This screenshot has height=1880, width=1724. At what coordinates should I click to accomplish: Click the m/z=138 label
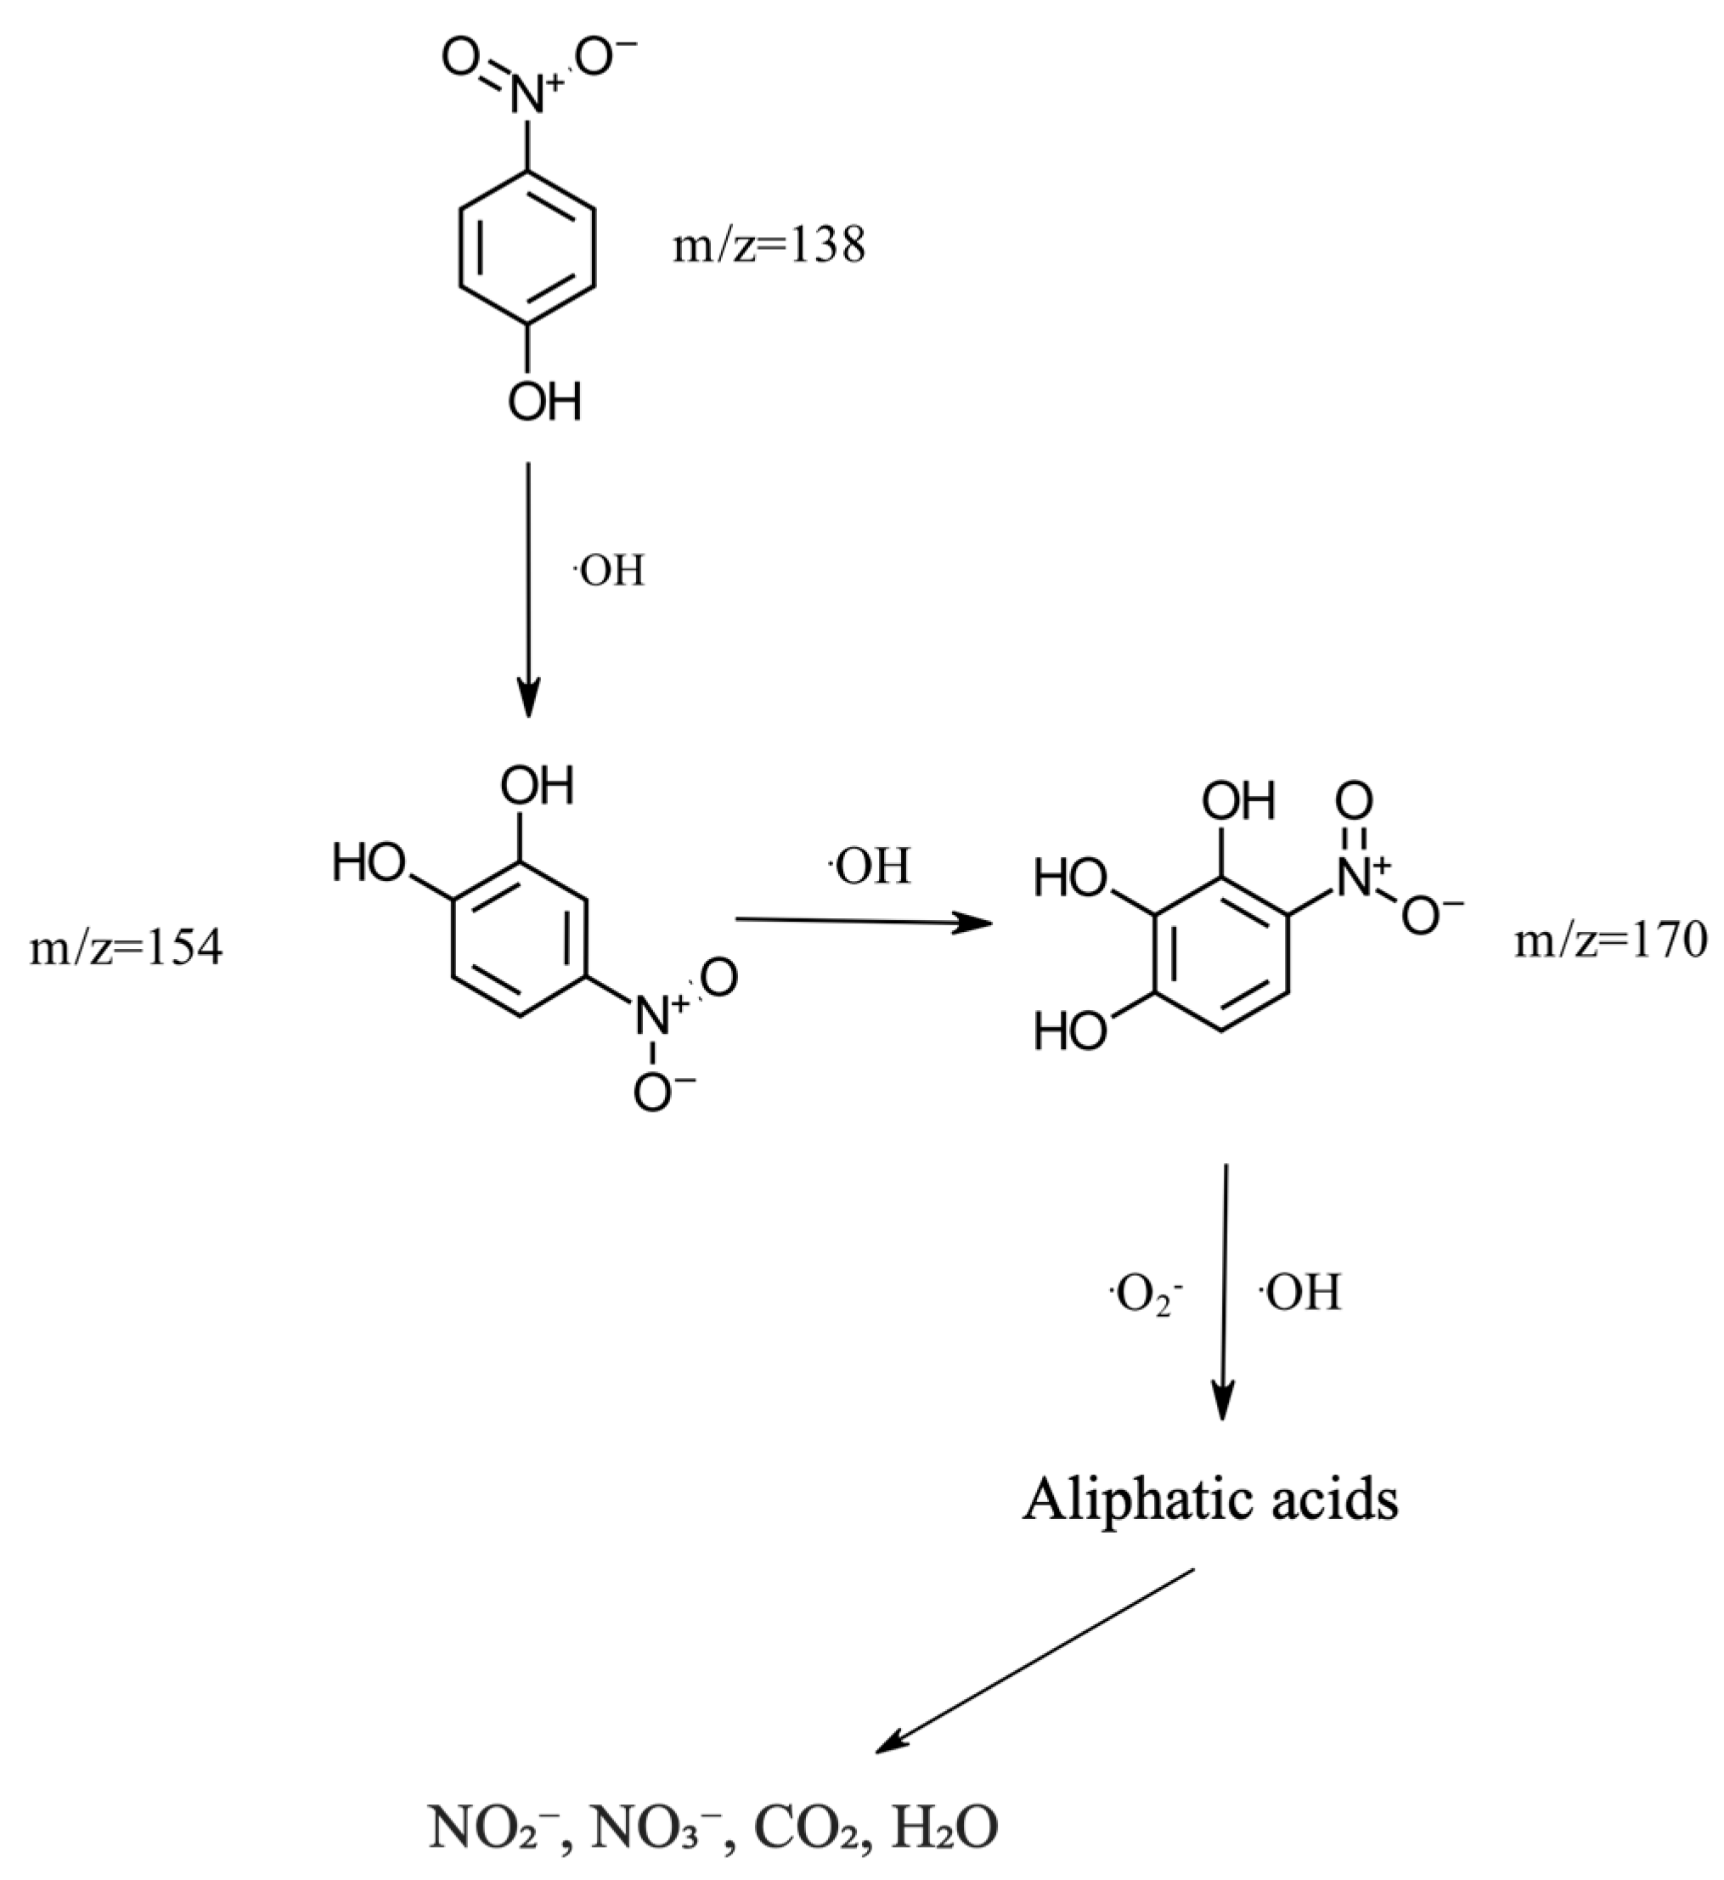click(769, 246)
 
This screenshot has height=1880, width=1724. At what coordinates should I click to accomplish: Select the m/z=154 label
click(126, 949)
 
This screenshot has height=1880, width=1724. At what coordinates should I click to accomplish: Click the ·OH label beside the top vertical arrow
click(608, 570)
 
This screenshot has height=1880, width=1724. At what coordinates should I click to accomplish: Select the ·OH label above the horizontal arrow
click(870, 867)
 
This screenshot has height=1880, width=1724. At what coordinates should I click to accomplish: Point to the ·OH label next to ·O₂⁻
click(1300, 1293)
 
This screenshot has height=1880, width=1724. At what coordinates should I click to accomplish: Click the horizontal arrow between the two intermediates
click(863, 922)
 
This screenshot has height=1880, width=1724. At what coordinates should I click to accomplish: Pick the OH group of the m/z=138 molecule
click(544, 403)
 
